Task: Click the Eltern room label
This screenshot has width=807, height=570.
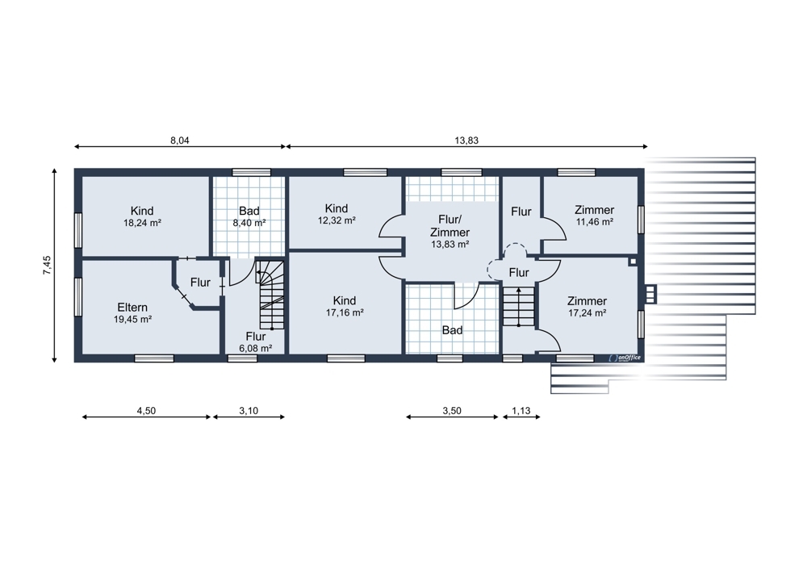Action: pos(132,308)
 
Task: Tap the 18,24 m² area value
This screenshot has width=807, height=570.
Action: pos(142,223)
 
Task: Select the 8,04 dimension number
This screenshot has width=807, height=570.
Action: pos(180,140)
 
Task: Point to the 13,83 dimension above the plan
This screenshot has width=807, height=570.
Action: pos(466,140)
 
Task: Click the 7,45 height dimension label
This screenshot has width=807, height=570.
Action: pos(47,265)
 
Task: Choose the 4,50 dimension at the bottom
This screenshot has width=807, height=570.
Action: pos(146,410)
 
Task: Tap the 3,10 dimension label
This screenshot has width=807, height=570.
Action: pos(249,410)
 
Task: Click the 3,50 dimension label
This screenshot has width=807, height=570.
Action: pos(452,410)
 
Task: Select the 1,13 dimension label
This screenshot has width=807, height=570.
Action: pos(521,410)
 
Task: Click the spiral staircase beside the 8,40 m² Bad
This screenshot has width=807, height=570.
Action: pos(270,295)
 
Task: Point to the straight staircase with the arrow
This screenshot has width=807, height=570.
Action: pos(519,306)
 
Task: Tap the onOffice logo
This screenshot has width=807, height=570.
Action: pos(625,358)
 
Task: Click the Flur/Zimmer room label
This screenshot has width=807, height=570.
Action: pos(449,225)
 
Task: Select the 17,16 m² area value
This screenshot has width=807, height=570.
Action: pos(345,312)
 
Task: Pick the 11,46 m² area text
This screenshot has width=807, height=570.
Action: pos(595,222)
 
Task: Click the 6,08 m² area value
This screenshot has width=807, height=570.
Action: pos(256,348)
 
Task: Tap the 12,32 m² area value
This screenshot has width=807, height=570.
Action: pos(337,220)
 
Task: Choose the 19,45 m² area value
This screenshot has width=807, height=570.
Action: pos(133,319)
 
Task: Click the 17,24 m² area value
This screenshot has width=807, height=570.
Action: pos(587,313)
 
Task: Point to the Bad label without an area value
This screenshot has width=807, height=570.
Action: pos(453,330)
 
